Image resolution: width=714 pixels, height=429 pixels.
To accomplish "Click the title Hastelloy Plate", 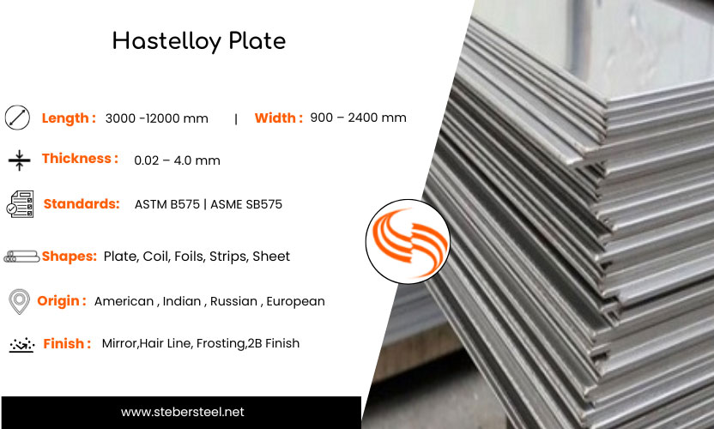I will point(199,40).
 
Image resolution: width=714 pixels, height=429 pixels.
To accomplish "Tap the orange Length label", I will point(69,118).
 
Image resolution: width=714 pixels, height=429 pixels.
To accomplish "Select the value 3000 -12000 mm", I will point(156,118).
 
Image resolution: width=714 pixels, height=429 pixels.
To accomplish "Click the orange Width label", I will point(278,118).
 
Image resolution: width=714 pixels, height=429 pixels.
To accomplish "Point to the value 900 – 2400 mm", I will point(359,118).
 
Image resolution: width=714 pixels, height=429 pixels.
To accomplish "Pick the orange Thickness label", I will point(80,159).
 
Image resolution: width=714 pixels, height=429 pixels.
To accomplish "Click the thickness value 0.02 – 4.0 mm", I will point(177,160).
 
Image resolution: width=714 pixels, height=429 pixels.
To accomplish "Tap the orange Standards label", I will point(82,204).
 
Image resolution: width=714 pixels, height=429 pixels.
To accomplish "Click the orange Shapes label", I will point(69,257).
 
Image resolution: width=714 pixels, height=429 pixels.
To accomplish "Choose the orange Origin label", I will point(61,301).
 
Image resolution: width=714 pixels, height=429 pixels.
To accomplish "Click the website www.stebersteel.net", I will point(182,413).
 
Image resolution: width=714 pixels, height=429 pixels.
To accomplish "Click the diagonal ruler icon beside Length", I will point(17,118).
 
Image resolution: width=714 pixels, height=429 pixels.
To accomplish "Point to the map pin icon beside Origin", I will point(18,302).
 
